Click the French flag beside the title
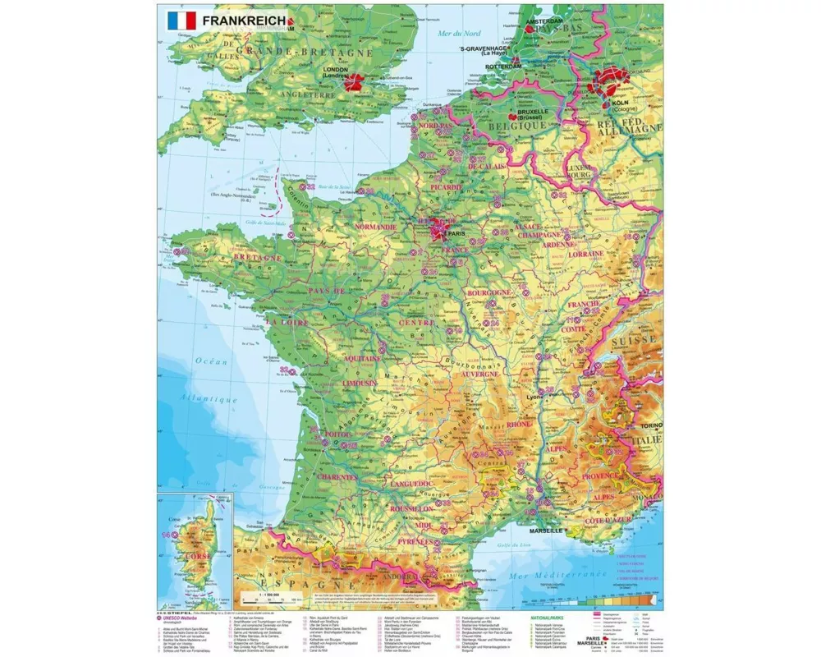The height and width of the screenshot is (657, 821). point(181,20)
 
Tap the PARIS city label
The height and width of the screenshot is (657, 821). point(456,234)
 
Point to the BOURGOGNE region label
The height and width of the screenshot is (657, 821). point(489,292)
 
